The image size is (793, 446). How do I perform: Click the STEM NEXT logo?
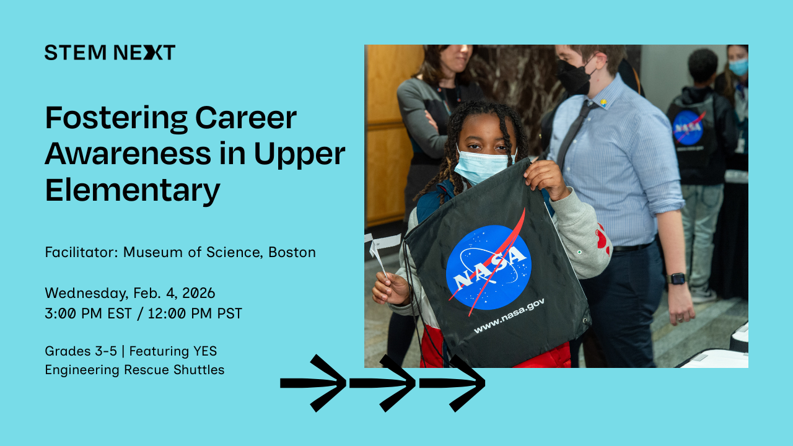coord(110,53)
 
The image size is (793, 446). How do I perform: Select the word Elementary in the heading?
coord(132,190)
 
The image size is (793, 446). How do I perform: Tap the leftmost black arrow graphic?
coord(313,383)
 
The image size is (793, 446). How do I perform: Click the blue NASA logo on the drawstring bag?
coord(489,266)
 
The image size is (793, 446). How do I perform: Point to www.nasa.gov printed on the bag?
coord(509,315)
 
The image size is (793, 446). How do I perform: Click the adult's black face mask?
coord(574,77)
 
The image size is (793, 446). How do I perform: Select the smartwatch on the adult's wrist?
coord(677,278)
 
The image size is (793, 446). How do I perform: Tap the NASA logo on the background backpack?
coord(688,128)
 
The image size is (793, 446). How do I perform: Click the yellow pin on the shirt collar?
coord(603,102)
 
